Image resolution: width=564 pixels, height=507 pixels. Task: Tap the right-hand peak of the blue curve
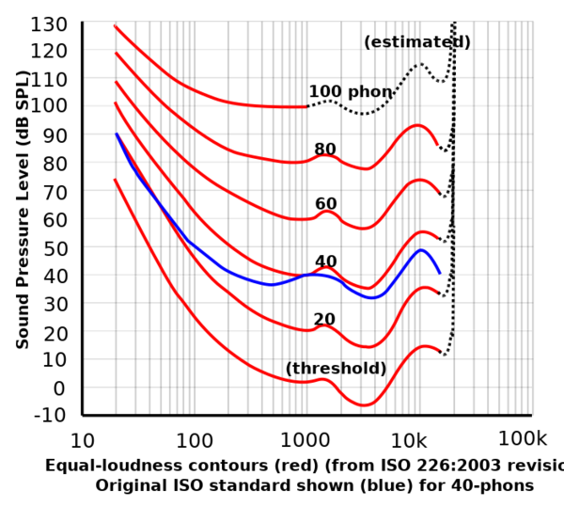coord(422,250)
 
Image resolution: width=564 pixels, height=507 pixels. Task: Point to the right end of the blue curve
coord(440,271)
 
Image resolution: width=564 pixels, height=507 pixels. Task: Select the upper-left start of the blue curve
coord(117,135)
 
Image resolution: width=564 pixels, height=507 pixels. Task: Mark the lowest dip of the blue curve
coord(372,297)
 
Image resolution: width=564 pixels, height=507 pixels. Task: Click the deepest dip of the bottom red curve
coord(365,404)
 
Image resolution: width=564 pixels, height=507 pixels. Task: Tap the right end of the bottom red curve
coord(440,351)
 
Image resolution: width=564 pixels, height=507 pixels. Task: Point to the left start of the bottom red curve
coord(115,180)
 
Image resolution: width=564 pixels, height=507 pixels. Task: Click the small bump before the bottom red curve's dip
coord(324,379)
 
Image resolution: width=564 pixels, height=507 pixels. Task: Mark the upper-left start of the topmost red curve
coord(115,26)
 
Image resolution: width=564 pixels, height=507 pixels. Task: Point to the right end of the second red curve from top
coord(437,143)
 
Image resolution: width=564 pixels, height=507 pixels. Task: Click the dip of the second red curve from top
coord(367,168)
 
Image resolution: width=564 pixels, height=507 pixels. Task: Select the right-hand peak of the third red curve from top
coord(422,180)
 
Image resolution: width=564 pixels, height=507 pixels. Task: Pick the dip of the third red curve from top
coord(364,227)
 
